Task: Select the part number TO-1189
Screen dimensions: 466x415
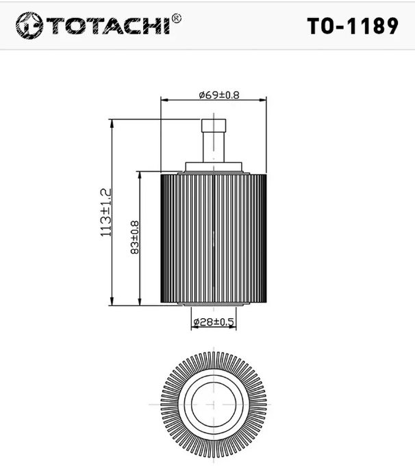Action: click(352, 25)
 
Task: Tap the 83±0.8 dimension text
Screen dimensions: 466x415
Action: click(135, 237)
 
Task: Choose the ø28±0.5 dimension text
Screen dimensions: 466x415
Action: click(214, 321)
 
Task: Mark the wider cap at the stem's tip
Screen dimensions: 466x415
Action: click(213, 125)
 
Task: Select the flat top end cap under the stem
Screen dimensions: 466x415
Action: click(214, 166)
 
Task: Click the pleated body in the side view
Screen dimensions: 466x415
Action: click(214, 236)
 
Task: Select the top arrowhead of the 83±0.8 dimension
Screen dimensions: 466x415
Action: click(140, 176)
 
